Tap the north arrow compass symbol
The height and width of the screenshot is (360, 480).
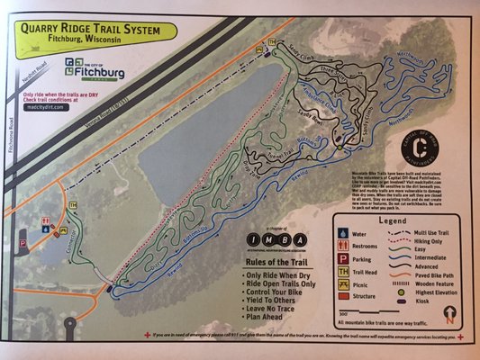pos(449,314)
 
